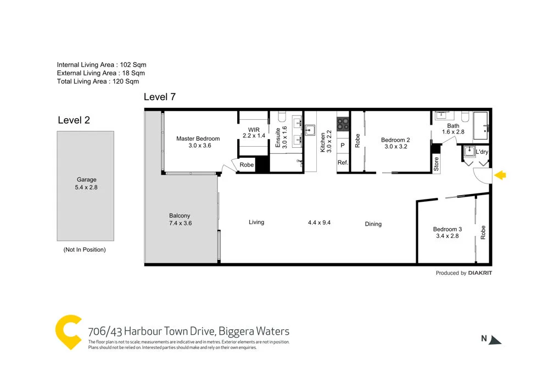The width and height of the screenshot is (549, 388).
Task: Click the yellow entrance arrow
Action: tap(500, 175)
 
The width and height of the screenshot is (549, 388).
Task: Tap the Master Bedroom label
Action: tap(198, 142)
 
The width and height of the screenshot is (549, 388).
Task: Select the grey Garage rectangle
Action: tap(86, 186)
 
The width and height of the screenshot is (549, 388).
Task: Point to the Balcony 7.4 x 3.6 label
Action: tap(180, 219)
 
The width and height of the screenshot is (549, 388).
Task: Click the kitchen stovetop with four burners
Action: tap(343, 124)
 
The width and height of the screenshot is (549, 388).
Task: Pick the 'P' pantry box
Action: tap(343, 146)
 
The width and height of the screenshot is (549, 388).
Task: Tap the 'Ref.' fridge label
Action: tap(343, 163)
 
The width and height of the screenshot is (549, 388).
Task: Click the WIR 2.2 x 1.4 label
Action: tap(253, 132)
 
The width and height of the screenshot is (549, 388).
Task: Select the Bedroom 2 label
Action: tap(395, 143)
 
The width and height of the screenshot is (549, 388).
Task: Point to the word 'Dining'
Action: tap(373, 224)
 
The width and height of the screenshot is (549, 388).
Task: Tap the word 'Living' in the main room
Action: tap(256, 222)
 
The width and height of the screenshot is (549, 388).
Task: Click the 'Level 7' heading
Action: tap(159, 97)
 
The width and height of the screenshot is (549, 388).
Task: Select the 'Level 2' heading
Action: tap(74, 120)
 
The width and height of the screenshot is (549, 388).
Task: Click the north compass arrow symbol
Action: tap(496, 340)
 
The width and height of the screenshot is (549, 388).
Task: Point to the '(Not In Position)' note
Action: tap(85, 250)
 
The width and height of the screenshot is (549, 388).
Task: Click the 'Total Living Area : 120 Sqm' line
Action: tap(98, 81)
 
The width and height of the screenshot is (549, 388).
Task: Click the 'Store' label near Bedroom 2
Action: tap(436, 165)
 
